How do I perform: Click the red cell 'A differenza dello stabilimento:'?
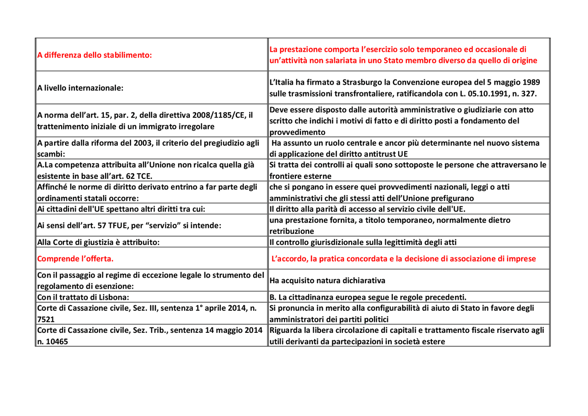(94, 55)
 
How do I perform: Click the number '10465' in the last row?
(56, 342)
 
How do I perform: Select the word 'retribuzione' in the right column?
(292, 231)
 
